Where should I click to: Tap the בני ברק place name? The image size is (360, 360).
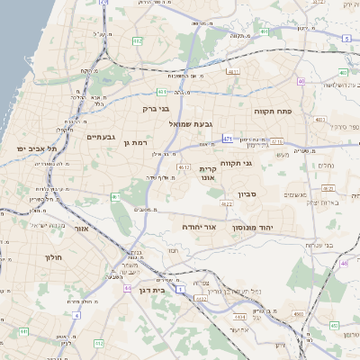coord(156,108)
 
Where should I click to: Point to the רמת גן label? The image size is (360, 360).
coord(136,142)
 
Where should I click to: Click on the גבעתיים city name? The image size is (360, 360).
coord(99,137)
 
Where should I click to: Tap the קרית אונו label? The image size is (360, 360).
coord(209,175)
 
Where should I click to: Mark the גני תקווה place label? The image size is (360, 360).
coord(260,163)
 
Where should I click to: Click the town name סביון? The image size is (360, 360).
coord(248,194)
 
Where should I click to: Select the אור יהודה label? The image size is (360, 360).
coord(200,229)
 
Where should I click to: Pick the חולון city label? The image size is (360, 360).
coord(51,257)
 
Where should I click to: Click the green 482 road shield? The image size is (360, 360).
coord(137,41)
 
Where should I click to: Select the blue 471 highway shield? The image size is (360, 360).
coord(228,139)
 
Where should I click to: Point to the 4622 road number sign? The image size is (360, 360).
coord(226,204)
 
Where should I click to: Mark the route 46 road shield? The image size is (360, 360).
coord(345,263)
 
